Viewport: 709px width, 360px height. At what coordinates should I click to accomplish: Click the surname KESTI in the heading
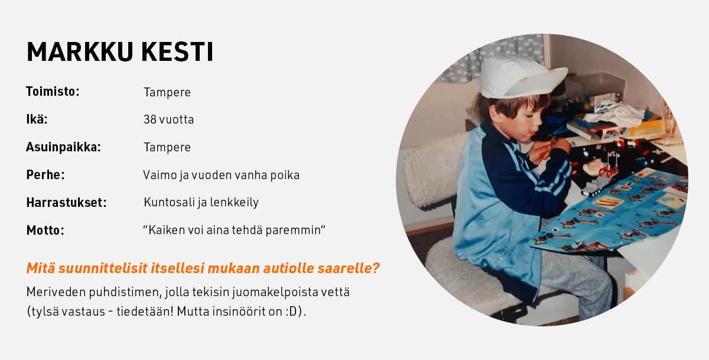[x=177, y=51]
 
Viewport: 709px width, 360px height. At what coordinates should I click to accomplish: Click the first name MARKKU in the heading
[x=80, y=51]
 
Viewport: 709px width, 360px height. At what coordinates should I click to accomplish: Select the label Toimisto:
[x=53, y=92]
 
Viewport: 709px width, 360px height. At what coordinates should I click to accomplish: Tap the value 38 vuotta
[x=168, y=119]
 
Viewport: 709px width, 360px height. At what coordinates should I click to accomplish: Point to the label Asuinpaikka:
[x=63, y=147]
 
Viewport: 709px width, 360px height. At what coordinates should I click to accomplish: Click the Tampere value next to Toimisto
[x=167, y=92]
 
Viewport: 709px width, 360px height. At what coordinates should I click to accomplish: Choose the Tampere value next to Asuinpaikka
[x=167, y=148]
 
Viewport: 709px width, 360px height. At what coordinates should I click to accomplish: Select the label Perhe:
[x=45, y=175]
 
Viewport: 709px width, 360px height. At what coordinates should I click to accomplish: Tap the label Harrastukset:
[x=66, y=203]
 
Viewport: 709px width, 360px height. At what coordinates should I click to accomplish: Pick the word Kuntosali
[x=169, y=202]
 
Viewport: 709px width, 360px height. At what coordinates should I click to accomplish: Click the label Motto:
[x=45, y=231]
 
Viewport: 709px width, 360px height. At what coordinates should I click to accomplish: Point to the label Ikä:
[x=37, y=119]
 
